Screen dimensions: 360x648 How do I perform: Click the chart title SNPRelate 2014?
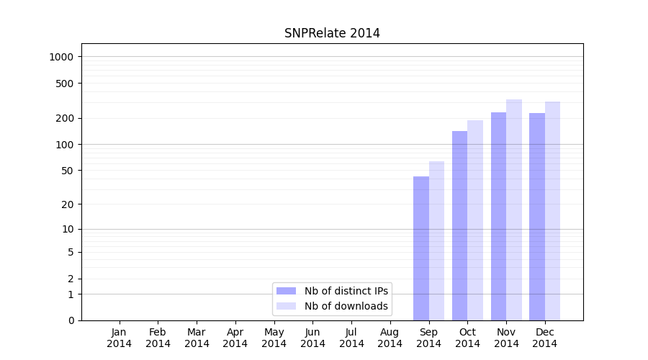[332, 33]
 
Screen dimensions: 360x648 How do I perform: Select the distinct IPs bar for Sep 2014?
[421, 248]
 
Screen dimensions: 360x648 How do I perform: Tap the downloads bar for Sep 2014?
[436, 241]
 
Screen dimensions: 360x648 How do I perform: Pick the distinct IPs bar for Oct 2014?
[459, 225]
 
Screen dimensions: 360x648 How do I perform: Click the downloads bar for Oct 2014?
[475, 220]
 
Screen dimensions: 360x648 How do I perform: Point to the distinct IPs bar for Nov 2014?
[498, 216]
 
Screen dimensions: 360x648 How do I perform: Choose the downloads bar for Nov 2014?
[514, 210]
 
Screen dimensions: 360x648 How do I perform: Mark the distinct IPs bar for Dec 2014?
[537, 217]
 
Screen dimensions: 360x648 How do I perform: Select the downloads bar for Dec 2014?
[552, 211]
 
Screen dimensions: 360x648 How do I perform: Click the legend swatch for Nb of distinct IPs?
[286, 291]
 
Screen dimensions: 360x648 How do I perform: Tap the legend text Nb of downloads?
[346, 306]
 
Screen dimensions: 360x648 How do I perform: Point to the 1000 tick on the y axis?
[63, 57]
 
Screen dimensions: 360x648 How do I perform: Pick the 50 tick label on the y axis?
[68, 171]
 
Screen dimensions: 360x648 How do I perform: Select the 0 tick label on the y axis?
[71, 320]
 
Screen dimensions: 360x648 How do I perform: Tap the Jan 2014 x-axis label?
[120, 338]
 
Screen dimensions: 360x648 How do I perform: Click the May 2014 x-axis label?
[274, 338]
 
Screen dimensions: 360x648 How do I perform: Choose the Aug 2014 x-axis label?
[390, 338]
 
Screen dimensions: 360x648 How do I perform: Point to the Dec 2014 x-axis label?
[544, 338]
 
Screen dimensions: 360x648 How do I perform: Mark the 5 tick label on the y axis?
[71, 252]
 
